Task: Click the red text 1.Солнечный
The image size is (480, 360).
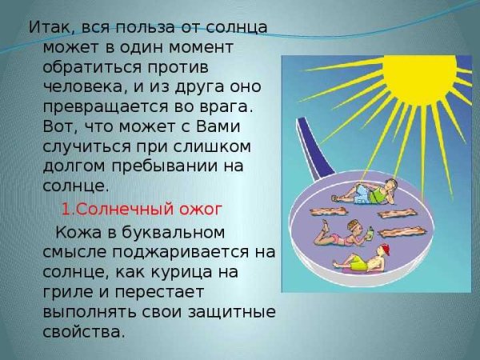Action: (110, 209)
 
